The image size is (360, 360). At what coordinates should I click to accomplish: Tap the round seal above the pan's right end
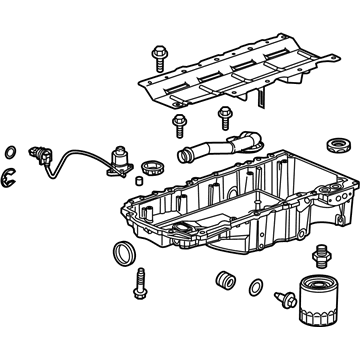click(x=339, y=141)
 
